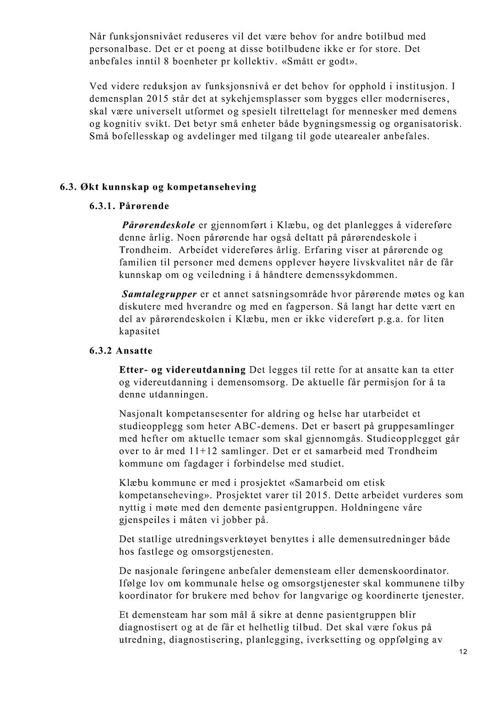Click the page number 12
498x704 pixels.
pyautogui.click(x=463, y=652)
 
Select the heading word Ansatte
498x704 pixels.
pyautogui.click(x=134, y=351)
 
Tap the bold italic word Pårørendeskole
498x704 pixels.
pyautogui.click(x=159, y=225)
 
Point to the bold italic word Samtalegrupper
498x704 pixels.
pyautogui.click(x=159, y=294)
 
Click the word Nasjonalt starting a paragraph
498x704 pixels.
pyautogui.click(x=140, y=414)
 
